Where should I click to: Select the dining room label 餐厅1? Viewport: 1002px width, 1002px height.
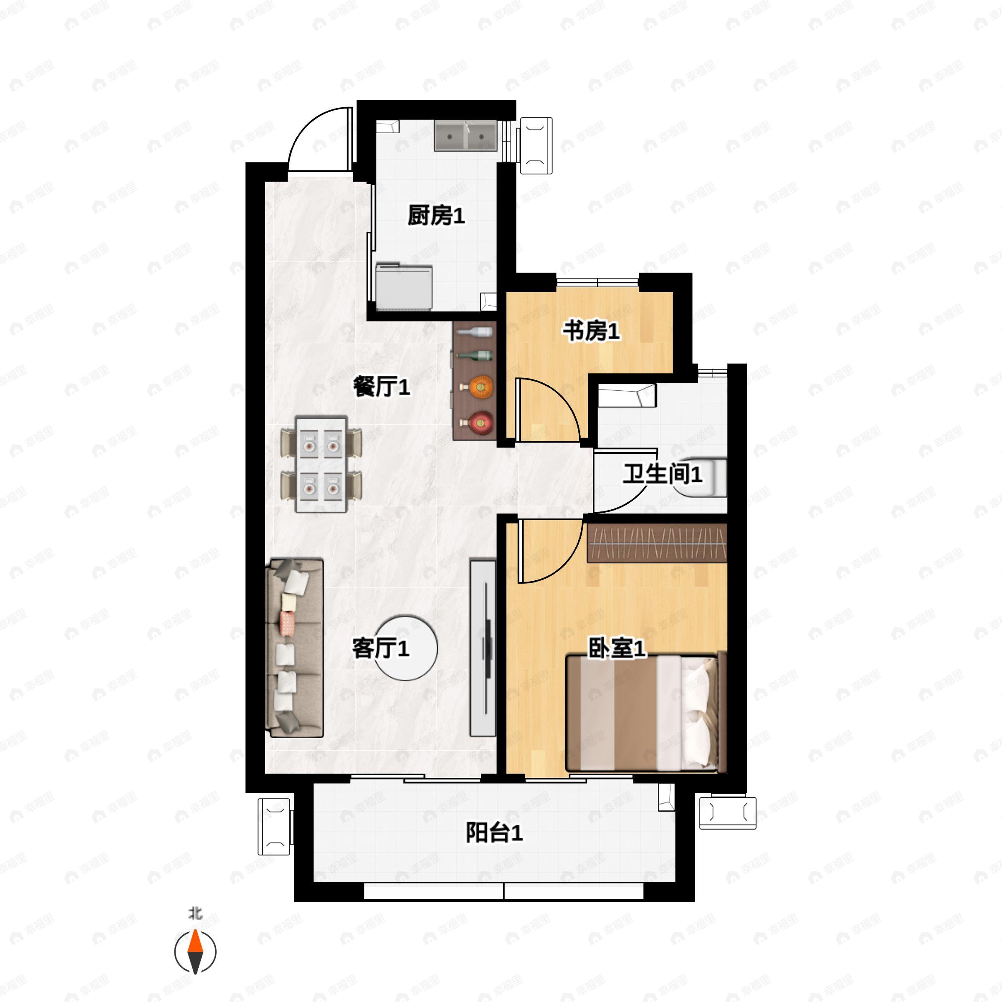tap(382, 387)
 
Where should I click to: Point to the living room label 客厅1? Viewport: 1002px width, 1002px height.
tap(381, 648)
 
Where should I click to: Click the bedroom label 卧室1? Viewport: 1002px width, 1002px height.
tap(617, 648)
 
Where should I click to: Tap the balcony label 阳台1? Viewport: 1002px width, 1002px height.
tap(494, 833)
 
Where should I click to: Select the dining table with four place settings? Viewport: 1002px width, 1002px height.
tap(321, 464)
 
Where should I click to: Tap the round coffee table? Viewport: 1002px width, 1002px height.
tap(406, 648)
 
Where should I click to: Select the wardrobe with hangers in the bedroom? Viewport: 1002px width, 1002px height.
tap(657, 543)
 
